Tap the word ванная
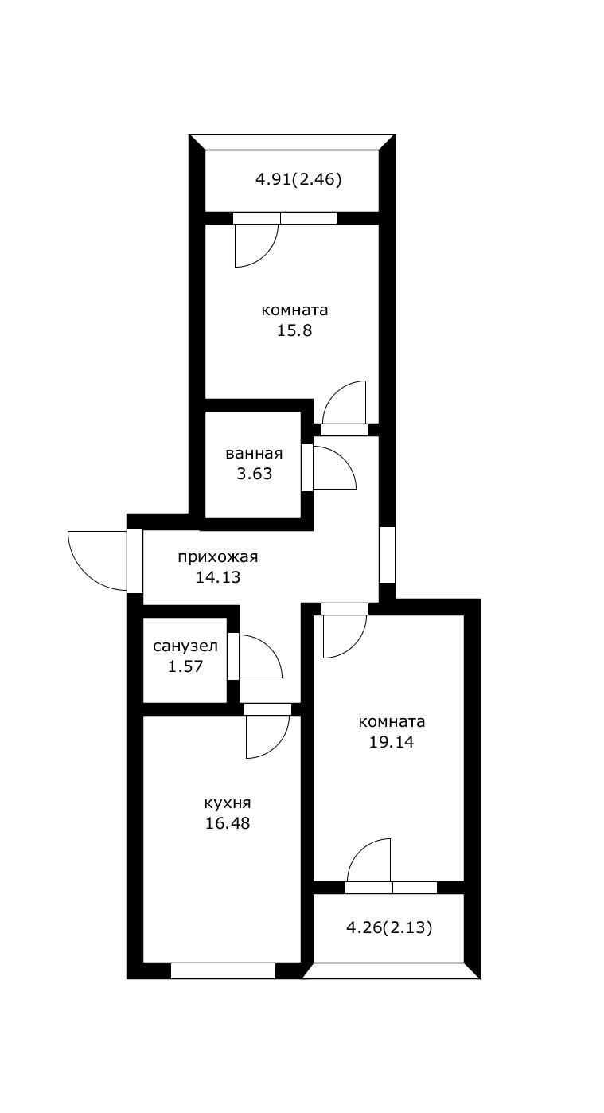pos(254,454)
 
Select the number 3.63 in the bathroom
pos(254,474)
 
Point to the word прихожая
pos(218,557)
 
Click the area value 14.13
pos(218,577)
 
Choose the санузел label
pos(185,646)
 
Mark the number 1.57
pos(185,666)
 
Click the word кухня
pos(228,803)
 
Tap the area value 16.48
pos(228,823)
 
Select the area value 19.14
pos(392,742)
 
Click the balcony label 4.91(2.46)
pos(298,179)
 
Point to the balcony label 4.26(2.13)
pos(390,927)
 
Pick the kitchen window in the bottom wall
pos(223,970)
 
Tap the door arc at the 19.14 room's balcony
pos(370,860)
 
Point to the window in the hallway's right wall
pos(386,554)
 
